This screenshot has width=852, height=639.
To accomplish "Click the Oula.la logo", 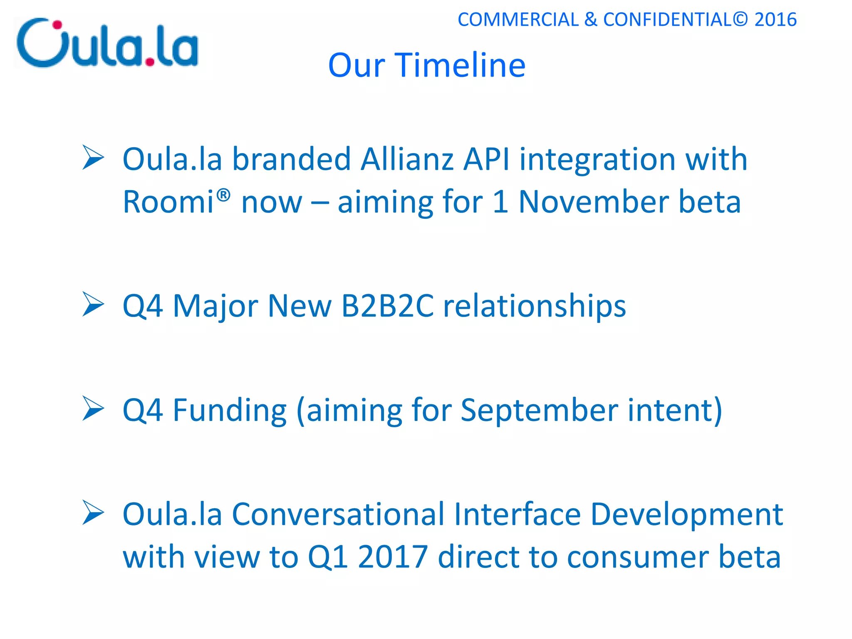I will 107,43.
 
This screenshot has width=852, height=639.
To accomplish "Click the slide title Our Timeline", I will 426,65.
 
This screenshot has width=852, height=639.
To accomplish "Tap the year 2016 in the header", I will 775,20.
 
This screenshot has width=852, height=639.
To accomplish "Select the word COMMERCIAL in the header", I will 518,20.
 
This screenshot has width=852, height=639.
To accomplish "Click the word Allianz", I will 407,159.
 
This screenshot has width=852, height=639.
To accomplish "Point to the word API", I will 486,159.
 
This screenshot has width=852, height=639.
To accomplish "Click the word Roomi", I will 168,202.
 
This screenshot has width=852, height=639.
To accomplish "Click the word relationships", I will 535,306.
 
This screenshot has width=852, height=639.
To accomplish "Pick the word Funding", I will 230,411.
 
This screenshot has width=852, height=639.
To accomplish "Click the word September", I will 539,411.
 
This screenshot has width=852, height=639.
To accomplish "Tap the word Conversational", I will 338,515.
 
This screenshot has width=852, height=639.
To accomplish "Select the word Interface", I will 517,515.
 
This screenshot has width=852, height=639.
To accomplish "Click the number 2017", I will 393,557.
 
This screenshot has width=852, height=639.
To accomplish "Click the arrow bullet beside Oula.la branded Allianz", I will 93,157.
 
